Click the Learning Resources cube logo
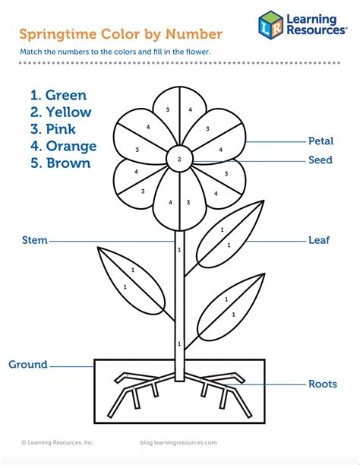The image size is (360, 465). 270,25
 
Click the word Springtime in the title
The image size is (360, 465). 58,34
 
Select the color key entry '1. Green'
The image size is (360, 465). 58,95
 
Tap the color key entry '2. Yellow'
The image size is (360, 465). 61,112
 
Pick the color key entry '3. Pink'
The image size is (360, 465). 52,129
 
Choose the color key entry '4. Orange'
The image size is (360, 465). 64,146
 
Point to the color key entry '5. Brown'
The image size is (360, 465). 61,163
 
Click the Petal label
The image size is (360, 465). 321,141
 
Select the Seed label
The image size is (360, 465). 321,160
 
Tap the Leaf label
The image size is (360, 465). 319,240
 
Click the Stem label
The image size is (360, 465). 35,240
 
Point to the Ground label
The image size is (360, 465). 28,364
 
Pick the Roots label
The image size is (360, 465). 323,384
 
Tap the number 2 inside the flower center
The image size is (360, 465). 179,160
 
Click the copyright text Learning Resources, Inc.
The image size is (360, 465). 58,442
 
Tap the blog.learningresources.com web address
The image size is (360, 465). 178,442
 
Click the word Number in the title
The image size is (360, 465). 194,33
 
